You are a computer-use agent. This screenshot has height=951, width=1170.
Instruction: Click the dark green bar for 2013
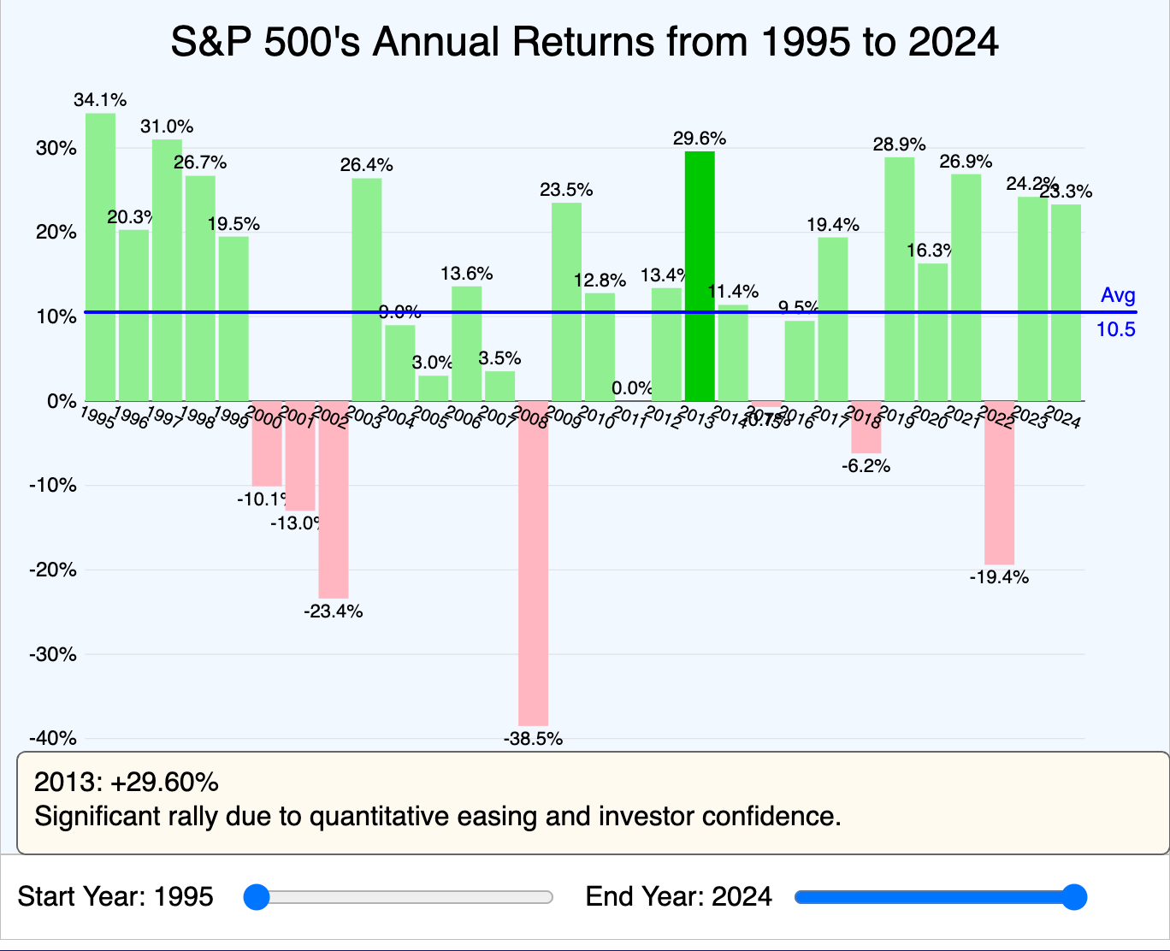point(700,275)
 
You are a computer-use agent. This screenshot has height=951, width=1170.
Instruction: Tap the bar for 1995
point(100,257)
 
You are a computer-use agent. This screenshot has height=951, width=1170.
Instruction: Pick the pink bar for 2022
point(999,482)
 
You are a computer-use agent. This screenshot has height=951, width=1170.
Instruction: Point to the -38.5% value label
point(533,739)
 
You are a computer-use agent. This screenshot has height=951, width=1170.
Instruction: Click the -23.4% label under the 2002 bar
point(334,611)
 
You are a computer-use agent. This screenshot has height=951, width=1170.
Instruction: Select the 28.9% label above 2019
point(899,145)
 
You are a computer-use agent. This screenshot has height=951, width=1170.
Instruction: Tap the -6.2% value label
point(866,466)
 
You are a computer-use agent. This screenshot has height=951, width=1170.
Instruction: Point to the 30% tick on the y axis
point(56,148)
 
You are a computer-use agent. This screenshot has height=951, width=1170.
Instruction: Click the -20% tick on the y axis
point(52,570)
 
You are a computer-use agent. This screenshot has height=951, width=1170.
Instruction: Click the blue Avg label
point(1118,296)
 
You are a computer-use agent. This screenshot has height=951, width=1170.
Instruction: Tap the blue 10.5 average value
point(1116,329)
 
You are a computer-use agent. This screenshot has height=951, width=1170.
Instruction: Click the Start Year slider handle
point(256,897)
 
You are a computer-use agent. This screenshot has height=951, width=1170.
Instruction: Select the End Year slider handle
point(1072,897)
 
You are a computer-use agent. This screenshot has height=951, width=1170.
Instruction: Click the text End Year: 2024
point(678,897)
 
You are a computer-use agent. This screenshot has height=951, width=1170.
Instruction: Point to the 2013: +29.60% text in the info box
point(127,783)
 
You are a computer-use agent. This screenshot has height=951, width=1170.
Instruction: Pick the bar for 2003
point(367,289)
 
